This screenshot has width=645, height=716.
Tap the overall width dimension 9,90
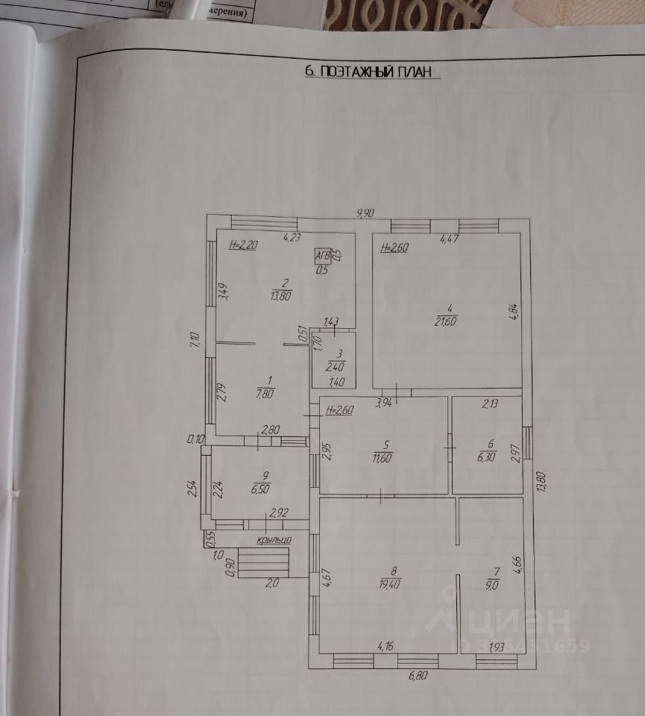365,213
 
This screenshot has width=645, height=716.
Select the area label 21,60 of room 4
447,321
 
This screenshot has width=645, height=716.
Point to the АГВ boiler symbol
323,255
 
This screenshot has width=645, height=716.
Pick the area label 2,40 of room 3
333,367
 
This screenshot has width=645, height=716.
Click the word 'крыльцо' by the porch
273,538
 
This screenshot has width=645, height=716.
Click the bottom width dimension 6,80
418,676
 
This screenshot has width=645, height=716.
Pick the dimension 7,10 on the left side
195,342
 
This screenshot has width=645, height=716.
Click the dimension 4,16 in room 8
386,646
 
